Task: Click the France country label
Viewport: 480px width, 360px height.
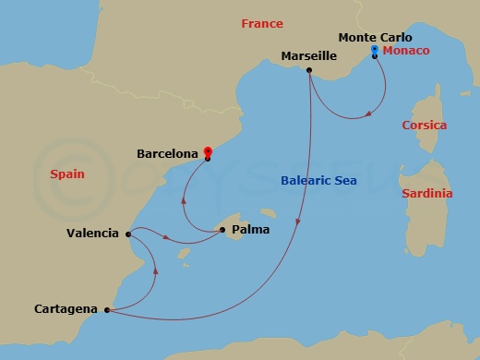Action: pos(262,24)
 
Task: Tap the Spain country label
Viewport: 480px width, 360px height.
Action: pos(67,173)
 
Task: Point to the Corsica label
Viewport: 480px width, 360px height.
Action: pos(424,125)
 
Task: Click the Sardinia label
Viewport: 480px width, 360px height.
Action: pos(427,194)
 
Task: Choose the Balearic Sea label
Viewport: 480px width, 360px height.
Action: pos(318,181)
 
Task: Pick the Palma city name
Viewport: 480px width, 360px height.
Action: pos(251,229)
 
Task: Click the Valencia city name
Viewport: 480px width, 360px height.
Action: pos(92,234)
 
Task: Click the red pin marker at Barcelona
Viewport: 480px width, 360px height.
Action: pos(208,151)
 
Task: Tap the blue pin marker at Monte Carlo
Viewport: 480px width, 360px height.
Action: pos(374,50)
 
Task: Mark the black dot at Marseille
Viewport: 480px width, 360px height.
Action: pos(308,71)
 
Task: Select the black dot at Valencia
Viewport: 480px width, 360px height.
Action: pos(126,234)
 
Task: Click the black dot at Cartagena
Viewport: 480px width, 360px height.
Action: pos(108,310)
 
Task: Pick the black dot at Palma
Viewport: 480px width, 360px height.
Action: pos(222,230)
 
